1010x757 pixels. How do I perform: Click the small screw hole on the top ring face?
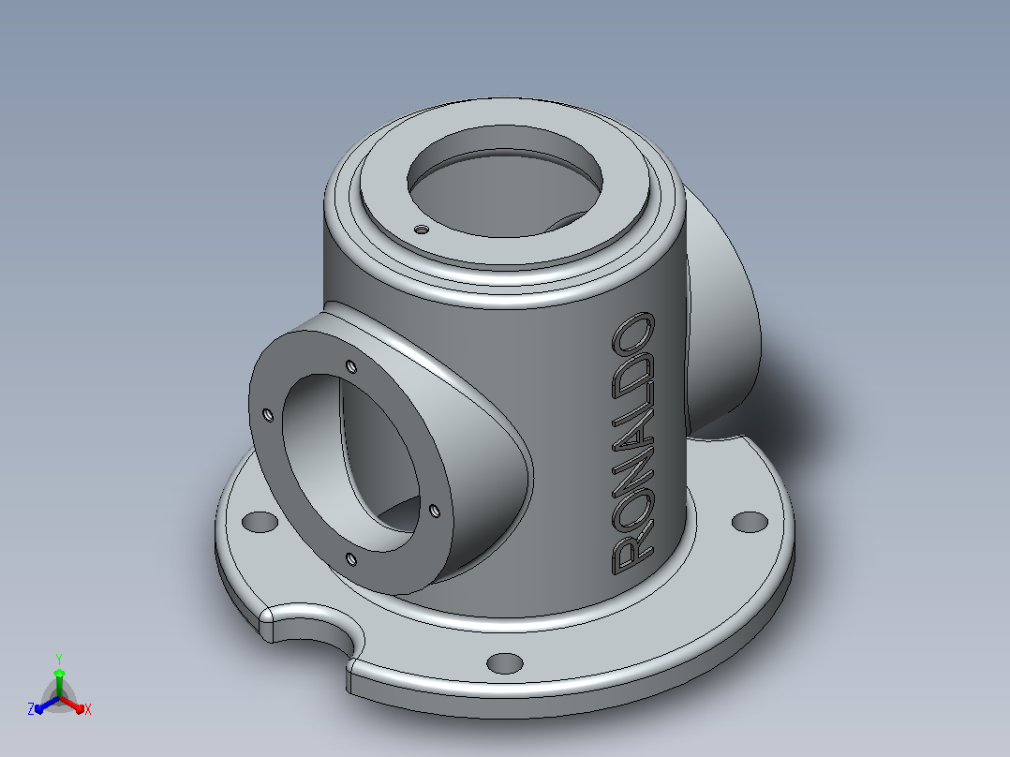[421, 229]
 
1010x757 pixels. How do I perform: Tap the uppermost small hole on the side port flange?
[351, 366]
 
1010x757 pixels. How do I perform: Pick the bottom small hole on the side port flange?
[351, 559]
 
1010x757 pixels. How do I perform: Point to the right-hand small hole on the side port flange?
[435, 511]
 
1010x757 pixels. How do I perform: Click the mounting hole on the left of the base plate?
[260, 522]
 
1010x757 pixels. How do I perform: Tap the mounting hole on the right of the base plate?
[750, 522]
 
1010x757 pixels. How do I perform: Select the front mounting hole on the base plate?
[505, 663]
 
